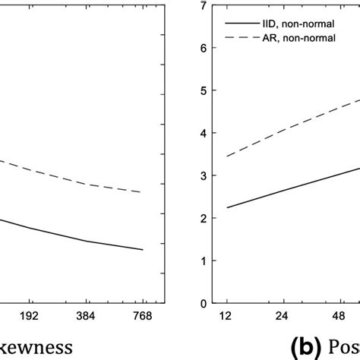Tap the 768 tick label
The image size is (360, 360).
click(143, 317)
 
